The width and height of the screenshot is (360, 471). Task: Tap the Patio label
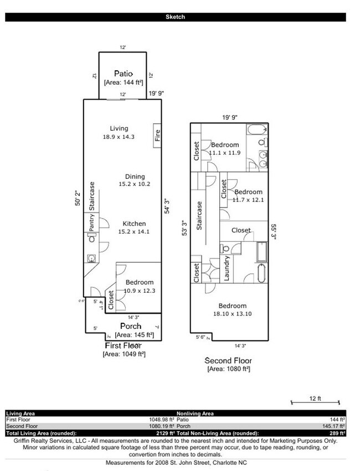click(x=123, y=74)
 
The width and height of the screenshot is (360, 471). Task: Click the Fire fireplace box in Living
click(x=157, y=136)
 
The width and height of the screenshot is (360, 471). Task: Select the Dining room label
click(x=135, y=177)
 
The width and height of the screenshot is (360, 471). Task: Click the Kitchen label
click(x=134, y=224)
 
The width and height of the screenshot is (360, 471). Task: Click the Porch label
click(x=131, y=326)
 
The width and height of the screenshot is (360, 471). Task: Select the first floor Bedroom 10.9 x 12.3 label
click(x=139, y=282)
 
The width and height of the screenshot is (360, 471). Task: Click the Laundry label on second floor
click(x=227, y=268)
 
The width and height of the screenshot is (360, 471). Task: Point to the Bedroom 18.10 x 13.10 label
click(x=232, y=306)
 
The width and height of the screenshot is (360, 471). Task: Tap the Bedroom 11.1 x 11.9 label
click(x=225, y=145)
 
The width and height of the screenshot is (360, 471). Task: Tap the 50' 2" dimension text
click(x=78, y=197)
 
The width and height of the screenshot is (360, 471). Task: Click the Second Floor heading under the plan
click(x=228, y=360)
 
